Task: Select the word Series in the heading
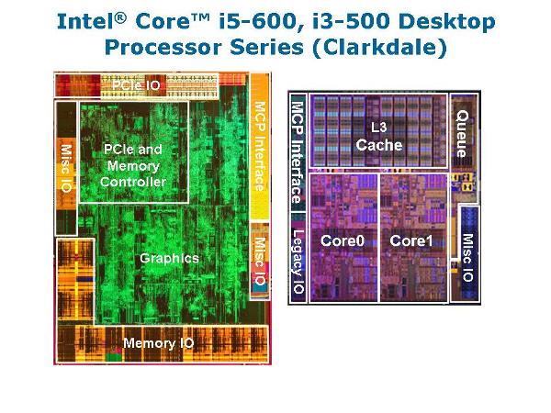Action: [266, 47]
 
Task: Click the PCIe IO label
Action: [139, 85]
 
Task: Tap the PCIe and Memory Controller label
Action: [134, 166]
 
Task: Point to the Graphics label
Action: [169, 258]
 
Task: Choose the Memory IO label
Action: [159, 343]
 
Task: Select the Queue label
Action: [461, 132]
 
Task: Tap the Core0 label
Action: [339, 240]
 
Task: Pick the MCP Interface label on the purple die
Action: [297, 152]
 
